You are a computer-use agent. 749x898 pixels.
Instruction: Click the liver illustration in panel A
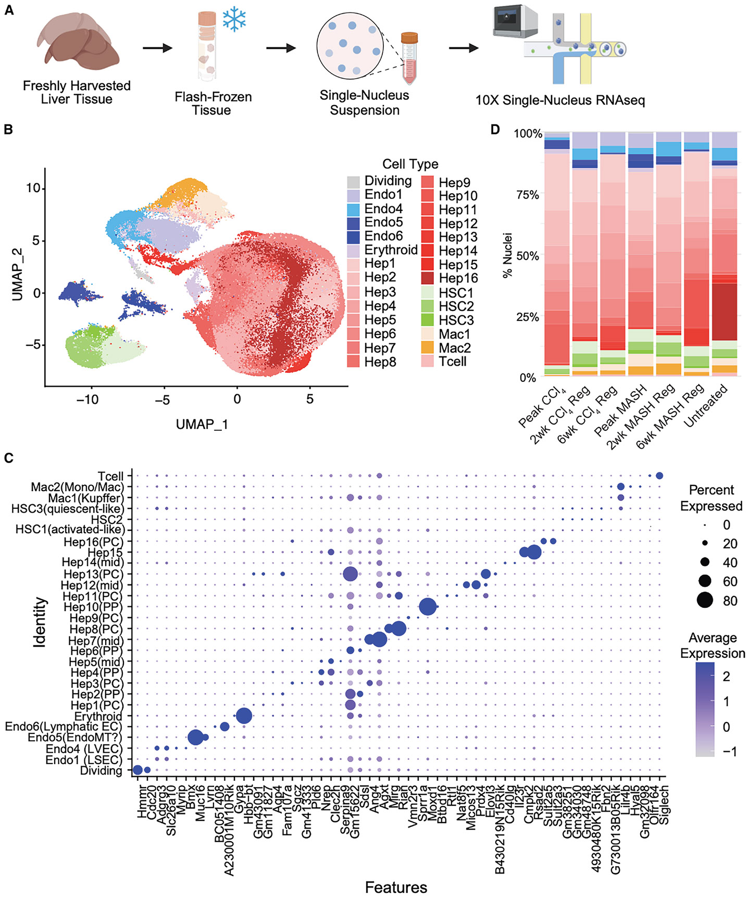pos(78,46)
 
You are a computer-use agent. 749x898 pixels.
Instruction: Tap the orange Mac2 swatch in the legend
pos(428,348)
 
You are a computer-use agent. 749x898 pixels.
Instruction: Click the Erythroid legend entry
pos(382,251)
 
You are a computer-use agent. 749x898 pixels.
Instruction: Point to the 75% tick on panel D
pos(528,195)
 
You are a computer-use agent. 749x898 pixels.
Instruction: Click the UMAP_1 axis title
pos(202,425)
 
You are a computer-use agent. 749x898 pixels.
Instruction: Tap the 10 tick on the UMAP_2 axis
pos(33,188)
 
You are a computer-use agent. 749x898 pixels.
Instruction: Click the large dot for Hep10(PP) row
pos(428,607)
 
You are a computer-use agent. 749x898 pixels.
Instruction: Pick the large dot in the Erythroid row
pos(244,716)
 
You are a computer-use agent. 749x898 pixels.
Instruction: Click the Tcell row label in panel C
pos(110,476)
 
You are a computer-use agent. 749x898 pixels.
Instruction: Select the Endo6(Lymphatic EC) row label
pos(64,727)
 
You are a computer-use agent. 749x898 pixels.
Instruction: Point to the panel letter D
pos(496,129)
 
